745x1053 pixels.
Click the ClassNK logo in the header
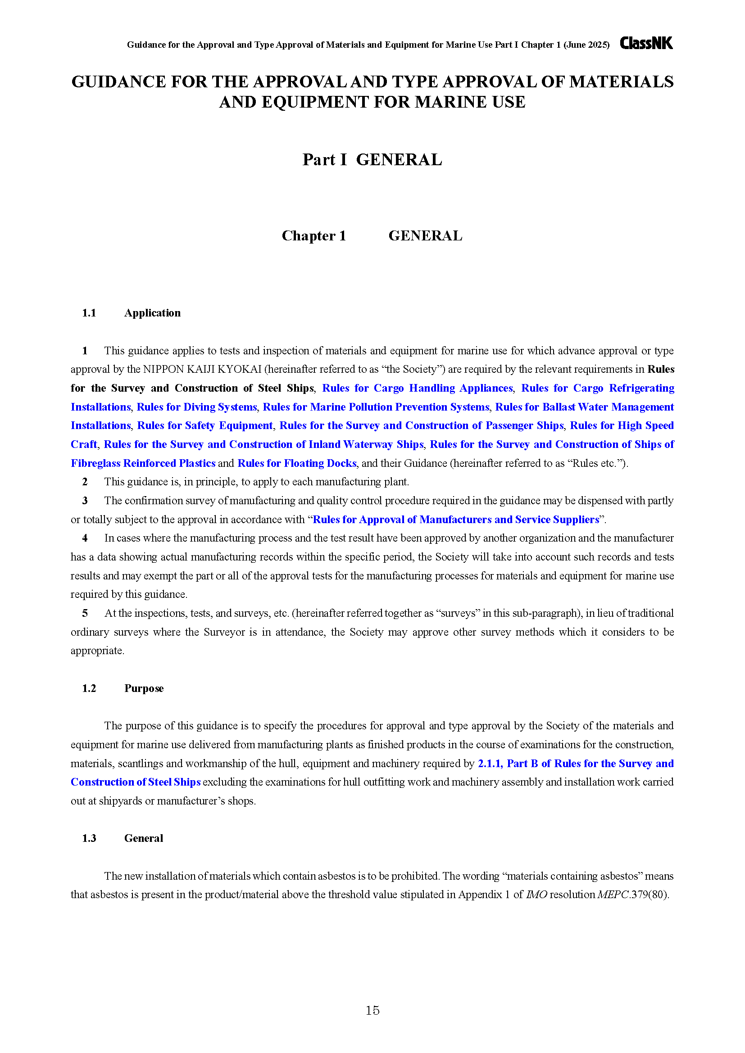tap(646, 43)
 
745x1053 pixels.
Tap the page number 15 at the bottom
tap(372, 1010)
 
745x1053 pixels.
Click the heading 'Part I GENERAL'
tap(372, 160)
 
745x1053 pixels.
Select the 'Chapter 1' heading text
tap(314, 236)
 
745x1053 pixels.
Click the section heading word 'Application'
tap(152, 313)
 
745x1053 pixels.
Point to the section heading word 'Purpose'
tap(144, 688)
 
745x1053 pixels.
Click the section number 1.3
tap(89, 838)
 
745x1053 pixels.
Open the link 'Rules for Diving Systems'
tap(197, 407)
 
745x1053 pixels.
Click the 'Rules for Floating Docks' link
tap(297, 463)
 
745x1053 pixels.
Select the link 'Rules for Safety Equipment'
tap(204, 425)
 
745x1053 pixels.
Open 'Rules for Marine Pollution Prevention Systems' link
tap(376, 407)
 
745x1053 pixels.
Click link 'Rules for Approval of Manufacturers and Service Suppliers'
tap(455, 519)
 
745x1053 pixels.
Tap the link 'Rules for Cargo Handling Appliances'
tap(417, 388)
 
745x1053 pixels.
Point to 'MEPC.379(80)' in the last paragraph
tap(632, 895)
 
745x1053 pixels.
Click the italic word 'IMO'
tap(536, 895)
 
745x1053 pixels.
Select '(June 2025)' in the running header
tap(586, 45)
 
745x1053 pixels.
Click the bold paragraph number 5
tap(85, 613)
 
